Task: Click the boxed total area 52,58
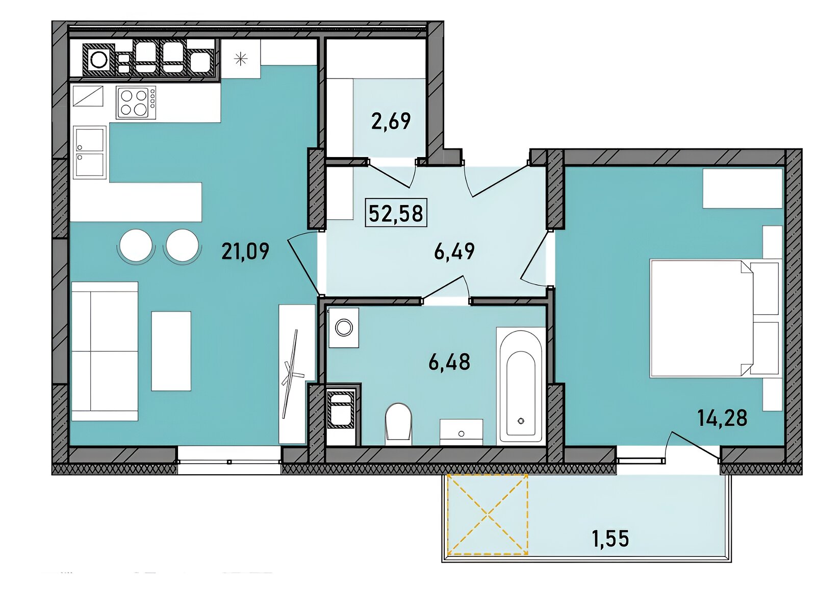coord(396,213)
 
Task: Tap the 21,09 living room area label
coord(245,251)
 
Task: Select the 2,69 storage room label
coord(391,121)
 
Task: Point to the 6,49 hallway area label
coord(454,251)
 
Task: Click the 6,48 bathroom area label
coord(449,362)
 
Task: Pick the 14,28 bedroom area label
coord(722,418)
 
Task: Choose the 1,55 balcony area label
coord(610,539)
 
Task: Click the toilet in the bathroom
coord(399,424)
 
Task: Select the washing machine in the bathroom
coord(344,328)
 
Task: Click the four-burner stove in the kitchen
coord(136,103)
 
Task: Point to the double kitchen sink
coord(90,151)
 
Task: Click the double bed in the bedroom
coord(714,319)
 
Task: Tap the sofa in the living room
coord(105,351)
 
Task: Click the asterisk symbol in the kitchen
coord(241,59)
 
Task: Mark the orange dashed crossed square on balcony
coord(488,514)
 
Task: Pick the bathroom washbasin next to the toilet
coord(462,432)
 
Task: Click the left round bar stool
coord(136,245)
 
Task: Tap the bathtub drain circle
coord(522,421)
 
